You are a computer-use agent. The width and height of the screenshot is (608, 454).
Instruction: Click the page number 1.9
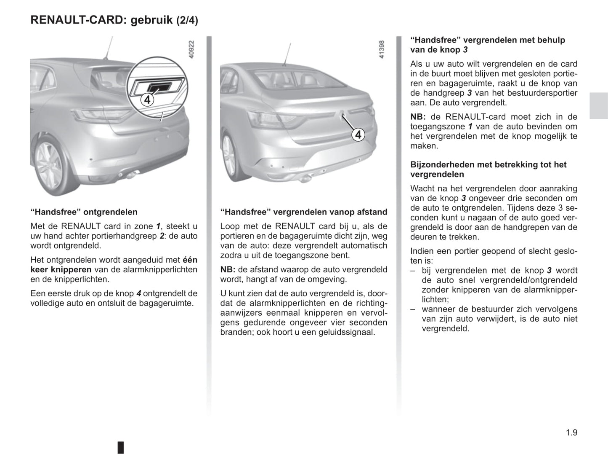pos(571,432)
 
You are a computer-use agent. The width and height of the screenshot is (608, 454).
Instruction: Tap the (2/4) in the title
pos(187,20)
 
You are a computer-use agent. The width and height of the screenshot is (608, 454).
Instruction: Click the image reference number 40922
pos(191,49)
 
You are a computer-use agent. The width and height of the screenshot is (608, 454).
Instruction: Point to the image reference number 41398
pos(382,49)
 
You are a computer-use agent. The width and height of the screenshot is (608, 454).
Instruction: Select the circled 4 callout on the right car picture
pos(358,134)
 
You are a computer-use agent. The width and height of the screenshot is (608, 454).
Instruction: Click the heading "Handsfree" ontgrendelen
pos(84,212)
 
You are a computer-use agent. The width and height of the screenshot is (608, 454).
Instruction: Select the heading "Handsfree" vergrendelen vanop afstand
pos(304,212)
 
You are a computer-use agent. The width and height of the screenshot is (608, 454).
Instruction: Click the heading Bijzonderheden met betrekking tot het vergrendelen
pos(488,169)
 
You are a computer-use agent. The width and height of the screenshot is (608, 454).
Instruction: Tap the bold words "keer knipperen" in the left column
pos(61,270)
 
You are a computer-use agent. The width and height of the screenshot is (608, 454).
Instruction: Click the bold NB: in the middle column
pos(228,270)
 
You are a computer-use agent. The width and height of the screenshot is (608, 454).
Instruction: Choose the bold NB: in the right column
pos(418,117)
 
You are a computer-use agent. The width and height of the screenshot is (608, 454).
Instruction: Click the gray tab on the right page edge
pos(598,105)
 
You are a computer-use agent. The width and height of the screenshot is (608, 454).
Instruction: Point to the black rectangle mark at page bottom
pos(121,447)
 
